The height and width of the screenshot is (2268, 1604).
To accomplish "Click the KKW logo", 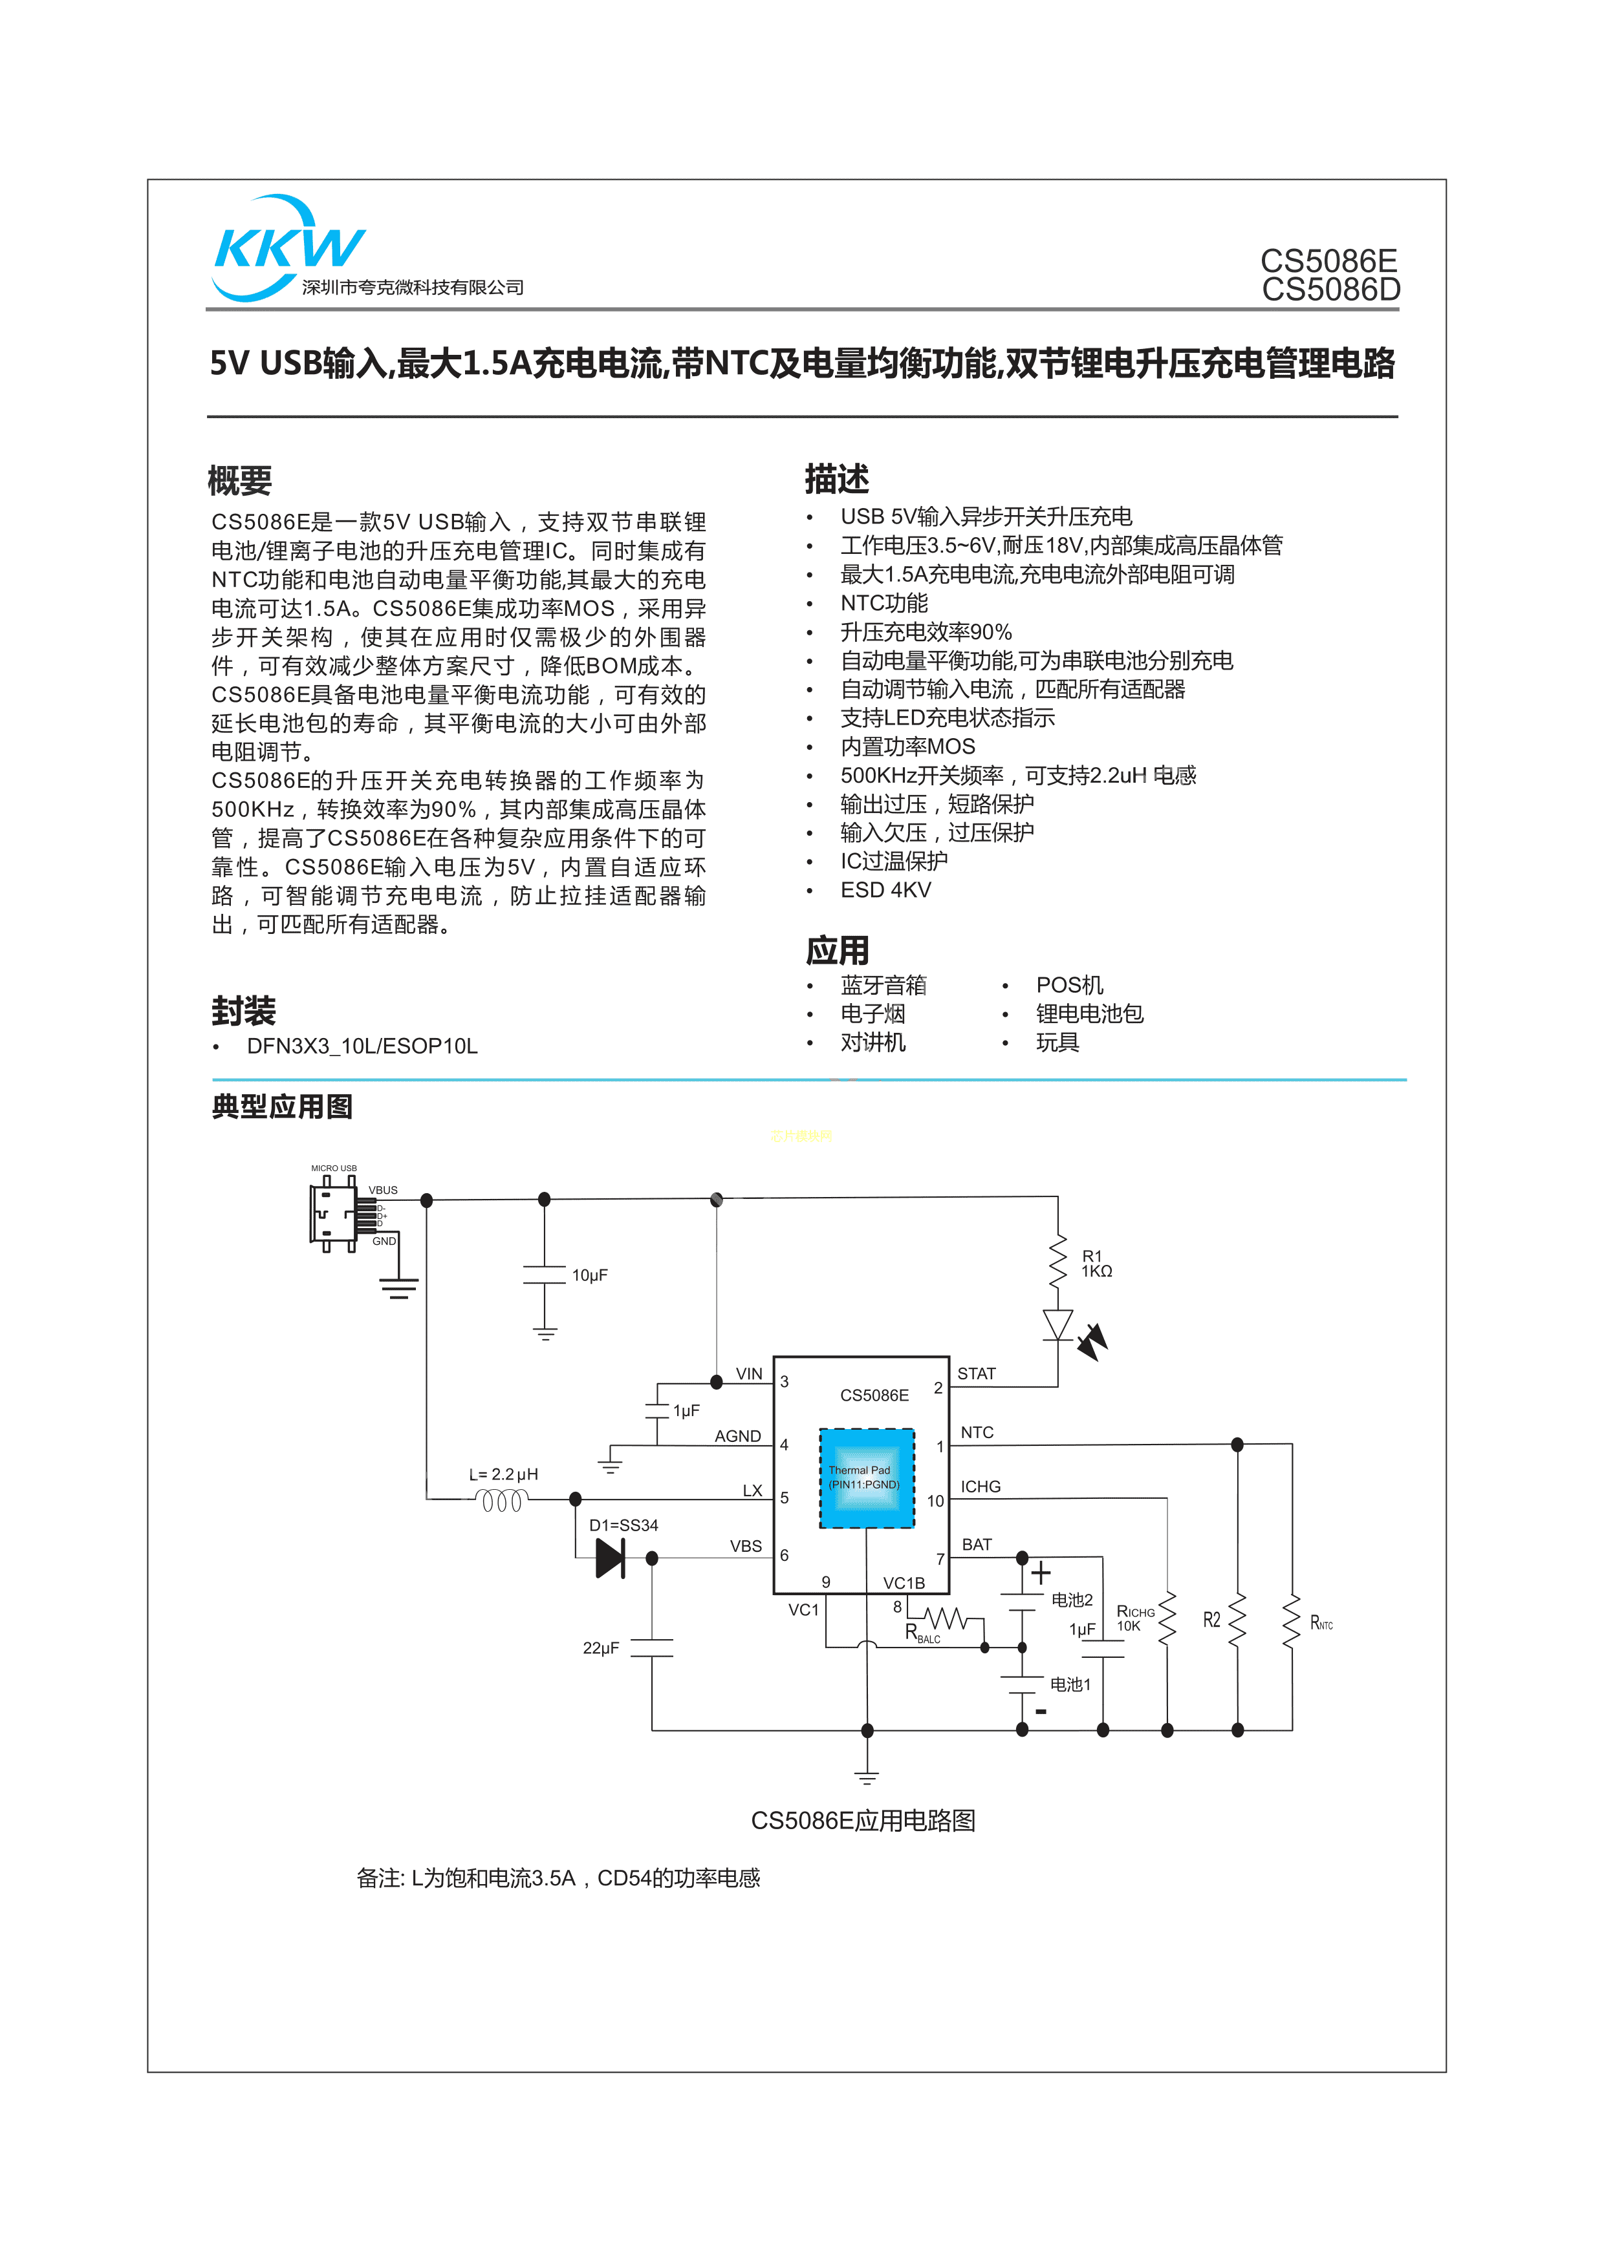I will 288,247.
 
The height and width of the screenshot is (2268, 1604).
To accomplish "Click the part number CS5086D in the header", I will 1330,290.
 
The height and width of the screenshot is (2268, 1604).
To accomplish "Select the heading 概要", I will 240,481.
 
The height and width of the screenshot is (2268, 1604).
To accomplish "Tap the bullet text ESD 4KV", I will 885,890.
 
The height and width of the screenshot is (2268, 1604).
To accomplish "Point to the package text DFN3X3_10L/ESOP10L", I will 362,1046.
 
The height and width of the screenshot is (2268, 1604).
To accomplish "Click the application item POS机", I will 1069,985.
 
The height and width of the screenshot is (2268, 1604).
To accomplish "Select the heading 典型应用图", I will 283,1107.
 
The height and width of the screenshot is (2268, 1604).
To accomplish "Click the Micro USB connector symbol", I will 334,1214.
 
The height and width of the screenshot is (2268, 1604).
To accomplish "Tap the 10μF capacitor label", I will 590,1275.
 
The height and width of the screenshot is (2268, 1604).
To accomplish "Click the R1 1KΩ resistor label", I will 1096,1264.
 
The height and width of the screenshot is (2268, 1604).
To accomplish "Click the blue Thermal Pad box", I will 867,1478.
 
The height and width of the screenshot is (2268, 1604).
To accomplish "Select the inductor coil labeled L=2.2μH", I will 502,1501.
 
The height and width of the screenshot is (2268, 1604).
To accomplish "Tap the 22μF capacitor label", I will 601,1648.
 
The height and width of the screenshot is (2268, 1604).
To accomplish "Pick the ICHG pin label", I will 981,1487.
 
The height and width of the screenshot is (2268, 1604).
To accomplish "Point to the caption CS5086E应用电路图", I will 863,1821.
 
